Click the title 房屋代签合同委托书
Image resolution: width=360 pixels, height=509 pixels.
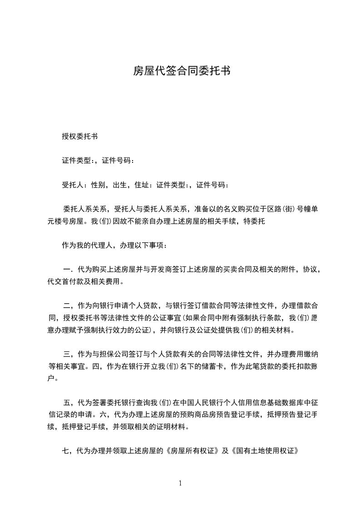[x=180, y=71]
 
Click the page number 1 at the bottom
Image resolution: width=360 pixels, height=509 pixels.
[x=180, y=483]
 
